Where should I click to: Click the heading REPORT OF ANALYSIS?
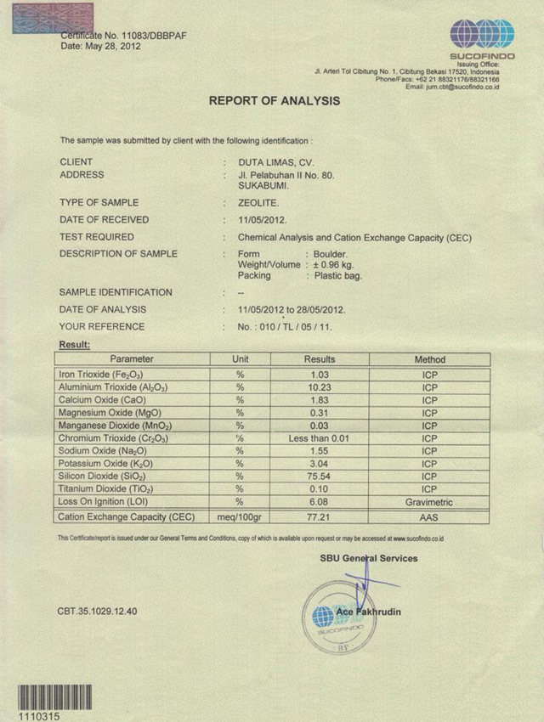pyautogui.click(x=274, y=101)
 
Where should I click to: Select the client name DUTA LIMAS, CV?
pyautogui.click(x=278, y=161)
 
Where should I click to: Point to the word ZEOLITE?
pyautogui.click(x=258, y=203)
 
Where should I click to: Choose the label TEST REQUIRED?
pyautogui.click(x=97, y=237)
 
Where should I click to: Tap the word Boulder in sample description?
pyautogui.click(x=330, y=254)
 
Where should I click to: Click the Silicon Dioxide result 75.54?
pyautogui.click(x=320, y=477)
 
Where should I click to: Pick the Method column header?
pyautogui.click(x=429, y=359)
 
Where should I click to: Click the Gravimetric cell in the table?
pyautogui.click(x=429, y=503)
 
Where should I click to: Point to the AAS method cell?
pyautogui.click(x=429, y=516)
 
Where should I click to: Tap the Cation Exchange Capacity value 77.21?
pyautogui.click(x=320, y=516)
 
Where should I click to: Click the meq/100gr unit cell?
pyautogui.click(x=241, y=516)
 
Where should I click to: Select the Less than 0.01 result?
pyautogui.click(x=320, y=438)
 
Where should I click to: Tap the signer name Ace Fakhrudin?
pyautogui.click(x=370, y=612)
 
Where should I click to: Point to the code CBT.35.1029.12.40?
pyautogui.click(x=98, y=611)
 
